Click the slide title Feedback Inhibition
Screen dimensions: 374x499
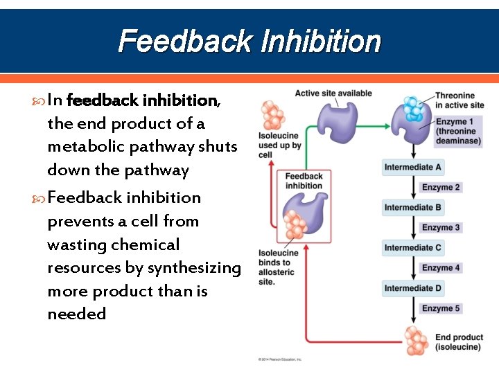tap(249, 42)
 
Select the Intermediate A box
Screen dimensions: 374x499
tap(413, 167)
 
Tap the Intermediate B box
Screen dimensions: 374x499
tap(413, 207)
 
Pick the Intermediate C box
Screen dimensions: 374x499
tap(413, 247)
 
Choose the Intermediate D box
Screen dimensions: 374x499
tap(413, 287)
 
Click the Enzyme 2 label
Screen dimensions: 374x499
tap(441, 187)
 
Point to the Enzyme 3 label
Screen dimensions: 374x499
tap(441, 227)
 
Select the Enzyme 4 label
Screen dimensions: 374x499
tap(441, 267)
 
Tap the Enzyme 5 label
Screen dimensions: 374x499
tap(441, 308)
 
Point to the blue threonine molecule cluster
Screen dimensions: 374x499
tap(414, 109)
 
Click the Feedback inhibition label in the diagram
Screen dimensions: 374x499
tap(304, 181)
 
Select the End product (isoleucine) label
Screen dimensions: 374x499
tap(459, 342)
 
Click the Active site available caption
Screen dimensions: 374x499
tap(333, 93)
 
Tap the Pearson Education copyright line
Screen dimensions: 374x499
tap(281, 359)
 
